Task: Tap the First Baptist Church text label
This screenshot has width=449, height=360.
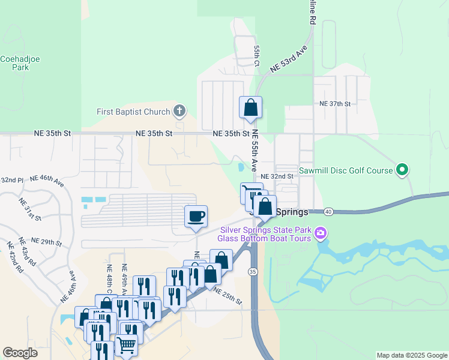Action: [133, 112]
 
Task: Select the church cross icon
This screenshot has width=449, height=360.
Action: [179, 111]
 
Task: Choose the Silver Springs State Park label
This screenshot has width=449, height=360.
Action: [265, 230]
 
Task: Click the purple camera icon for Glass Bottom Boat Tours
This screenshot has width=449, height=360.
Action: [321, 233]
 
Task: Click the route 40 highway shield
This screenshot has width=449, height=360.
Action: [328, 212]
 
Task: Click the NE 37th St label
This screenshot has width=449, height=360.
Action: [334, 104]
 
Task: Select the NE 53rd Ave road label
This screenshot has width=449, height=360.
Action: [289, 59]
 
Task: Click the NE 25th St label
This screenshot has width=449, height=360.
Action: [228, 295]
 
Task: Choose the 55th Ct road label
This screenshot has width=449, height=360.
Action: [256, 56]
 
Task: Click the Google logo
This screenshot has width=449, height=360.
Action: [20, 353]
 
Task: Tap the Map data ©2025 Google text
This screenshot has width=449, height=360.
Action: [412, 355]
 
